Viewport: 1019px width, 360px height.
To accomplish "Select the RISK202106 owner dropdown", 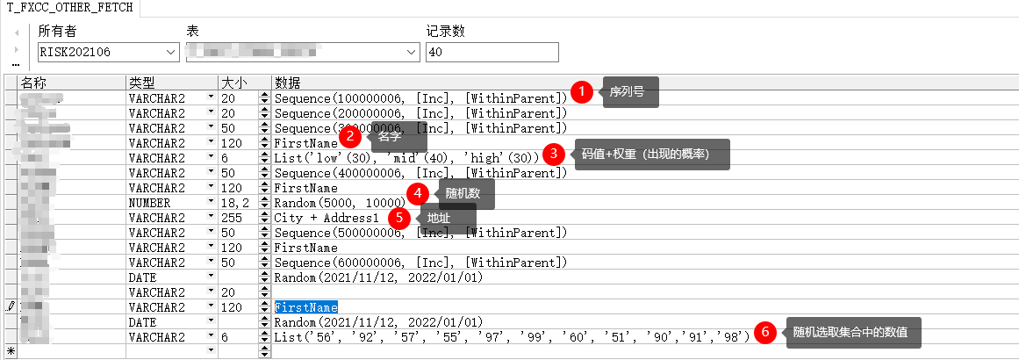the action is click(x=107, y=53).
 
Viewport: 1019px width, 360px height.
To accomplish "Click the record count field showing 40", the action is click(x=492, y=53).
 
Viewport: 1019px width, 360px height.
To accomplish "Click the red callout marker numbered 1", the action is click(x=580, y=91).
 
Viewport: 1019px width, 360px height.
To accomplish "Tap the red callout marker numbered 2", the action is click(x=350, y=136).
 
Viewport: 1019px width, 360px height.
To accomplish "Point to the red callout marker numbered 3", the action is click(x=553, y=153).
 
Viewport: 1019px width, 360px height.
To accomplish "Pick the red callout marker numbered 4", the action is click(x=418, y=193).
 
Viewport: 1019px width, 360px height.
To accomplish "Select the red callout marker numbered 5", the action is click(x=399, y=216).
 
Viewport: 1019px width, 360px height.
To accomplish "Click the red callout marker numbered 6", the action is click(x=765, y=332).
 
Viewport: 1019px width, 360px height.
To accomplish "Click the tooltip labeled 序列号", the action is click(x=628, y=91).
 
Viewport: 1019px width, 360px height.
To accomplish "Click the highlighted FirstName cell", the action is click(x=306, y=307).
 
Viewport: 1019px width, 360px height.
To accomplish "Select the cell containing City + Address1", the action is click(x=327, y=218).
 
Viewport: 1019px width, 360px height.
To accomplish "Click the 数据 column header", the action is click(x=288, y=83).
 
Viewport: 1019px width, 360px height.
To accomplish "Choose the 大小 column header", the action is click(x=233, y=83).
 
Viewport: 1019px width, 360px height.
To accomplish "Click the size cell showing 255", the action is click(x=233, y=218).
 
